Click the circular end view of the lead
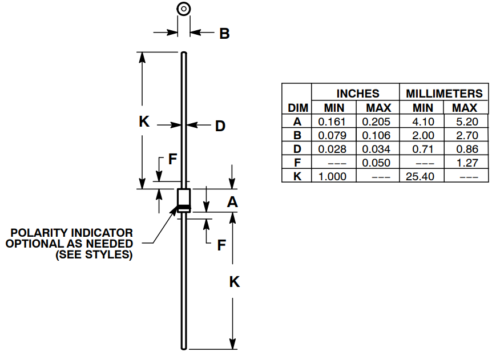(183, 9)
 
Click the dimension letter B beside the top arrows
(224, 34)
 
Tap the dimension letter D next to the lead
(220, 126)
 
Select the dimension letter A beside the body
(232, 202)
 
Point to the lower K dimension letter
(233, 282)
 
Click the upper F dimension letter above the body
(172, 160)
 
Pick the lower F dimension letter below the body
(221, 245)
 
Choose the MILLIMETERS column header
(444, 94)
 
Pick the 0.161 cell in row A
(333, 122)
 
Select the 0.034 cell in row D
(377, 149)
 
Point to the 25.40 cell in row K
(422, 176)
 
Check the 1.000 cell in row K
(333, 176)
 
